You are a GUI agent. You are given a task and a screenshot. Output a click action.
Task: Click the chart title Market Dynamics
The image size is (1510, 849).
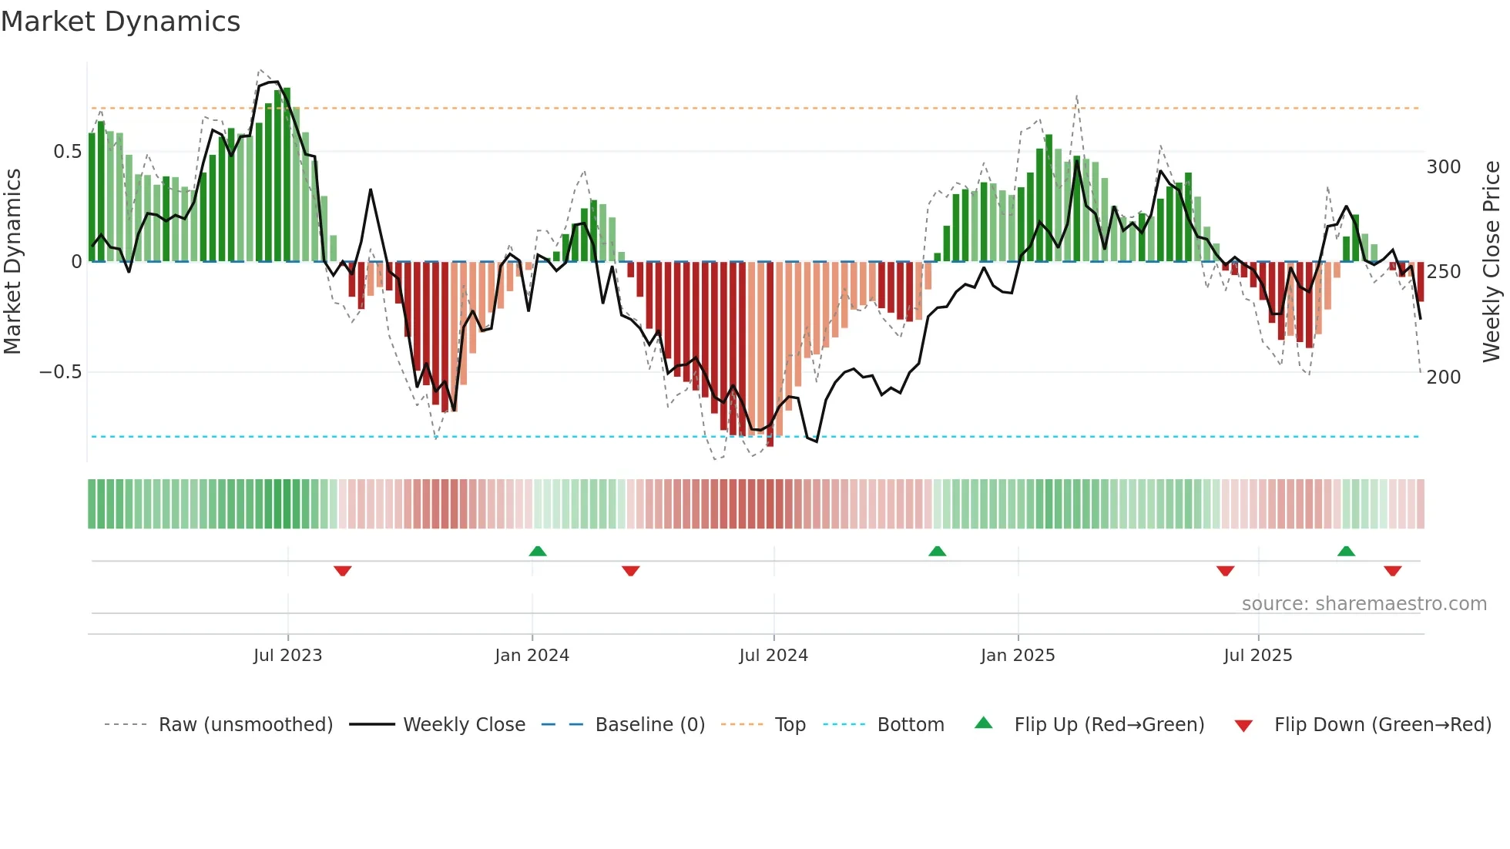click(x=121, y=22)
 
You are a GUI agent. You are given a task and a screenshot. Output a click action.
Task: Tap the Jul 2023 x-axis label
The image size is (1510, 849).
click(x=287, y=656)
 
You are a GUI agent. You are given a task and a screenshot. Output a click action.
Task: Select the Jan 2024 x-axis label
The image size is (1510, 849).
click(x=532, y=656)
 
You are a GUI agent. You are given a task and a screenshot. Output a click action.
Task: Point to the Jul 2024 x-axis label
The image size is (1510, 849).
click(x=773, y=656)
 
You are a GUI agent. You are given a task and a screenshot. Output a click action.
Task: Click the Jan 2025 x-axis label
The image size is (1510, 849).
click(x=1018, y=656)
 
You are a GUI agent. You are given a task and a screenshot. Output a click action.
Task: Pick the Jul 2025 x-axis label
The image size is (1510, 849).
click(x=1258, y=656)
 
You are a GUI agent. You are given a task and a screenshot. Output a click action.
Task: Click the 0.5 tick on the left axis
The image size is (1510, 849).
click(x=67, y=152)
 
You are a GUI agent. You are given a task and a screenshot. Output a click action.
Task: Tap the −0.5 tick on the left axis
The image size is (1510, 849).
click(x=60, y=372)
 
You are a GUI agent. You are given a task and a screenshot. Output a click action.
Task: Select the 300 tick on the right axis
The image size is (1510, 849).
click(x=1444, y=167)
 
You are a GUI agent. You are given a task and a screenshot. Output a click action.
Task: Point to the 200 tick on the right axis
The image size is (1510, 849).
click(x=1444, y=378)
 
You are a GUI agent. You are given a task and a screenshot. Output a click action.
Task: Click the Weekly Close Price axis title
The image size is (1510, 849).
click(x=1492, y=262)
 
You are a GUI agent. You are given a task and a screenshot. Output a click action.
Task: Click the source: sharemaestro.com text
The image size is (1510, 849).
click(x=1364, y=604)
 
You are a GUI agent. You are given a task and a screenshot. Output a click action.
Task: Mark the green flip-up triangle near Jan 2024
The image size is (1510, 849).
click(x=538, y=552)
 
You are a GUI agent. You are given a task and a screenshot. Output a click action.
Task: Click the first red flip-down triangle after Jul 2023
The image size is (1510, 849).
click(x=343, y=571)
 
